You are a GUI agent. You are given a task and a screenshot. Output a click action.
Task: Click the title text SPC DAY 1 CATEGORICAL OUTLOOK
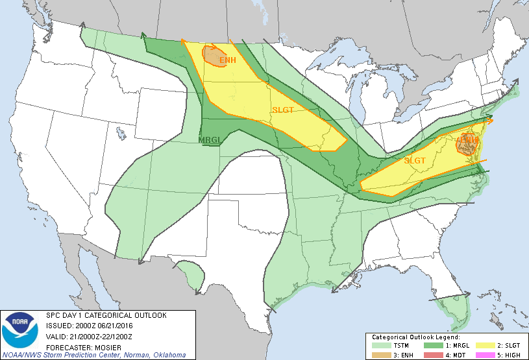point(106,316)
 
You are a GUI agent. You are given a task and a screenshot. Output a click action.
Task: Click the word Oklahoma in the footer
point(166,355)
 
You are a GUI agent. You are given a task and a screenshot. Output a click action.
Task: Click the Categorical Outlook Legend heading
point(415,337)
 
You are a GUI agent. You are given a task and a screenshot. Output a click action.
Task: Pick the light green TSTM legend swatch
point(378,346)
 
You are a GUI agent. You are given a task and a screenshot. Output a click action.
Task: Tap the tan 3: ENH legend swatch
point(378,354)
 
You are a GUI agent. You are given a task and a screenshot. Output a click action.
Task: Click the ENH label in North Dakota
point(227,60)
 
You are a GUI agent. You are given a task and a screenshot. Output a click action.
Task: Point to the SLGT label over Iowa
point(283,110)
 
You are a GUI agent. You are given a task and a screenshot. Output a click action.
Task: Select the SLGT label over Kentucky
point(415,160)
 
